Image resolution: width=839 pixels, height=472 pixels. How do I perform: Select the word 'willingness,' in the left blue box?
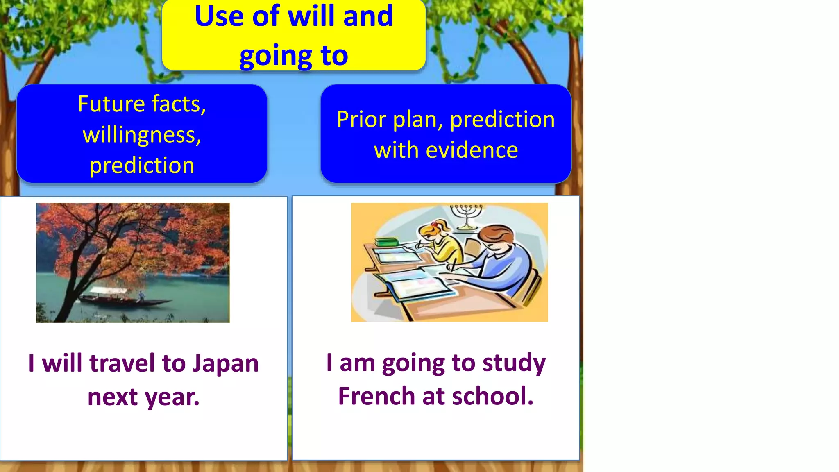coord(142,135)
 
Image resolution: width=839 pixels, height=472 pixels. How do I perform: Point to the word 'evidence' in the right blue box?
coord(472,150)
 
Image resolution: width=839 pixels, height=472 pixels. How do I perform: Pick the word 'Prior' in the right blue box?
coord(362,120)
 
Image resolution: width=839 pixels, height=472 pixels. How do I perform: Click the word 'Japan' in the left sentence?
coord(226,363)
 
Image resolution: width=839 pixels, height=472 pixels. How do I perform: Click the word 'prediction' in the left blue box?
coord(142,166)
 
